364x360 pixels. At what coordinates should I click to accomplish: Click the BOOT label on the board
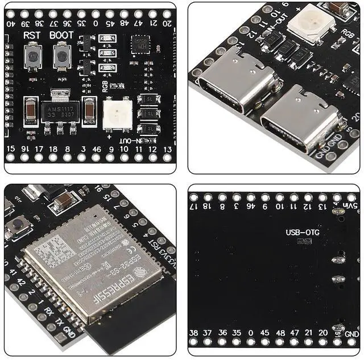click(x=61, y=35)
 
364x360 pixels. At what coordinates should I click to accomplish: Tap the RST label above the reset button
click(x=32, y=35)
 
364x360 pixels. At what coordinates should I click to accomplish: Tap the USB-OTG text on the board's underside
click(x=299, y=231)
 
